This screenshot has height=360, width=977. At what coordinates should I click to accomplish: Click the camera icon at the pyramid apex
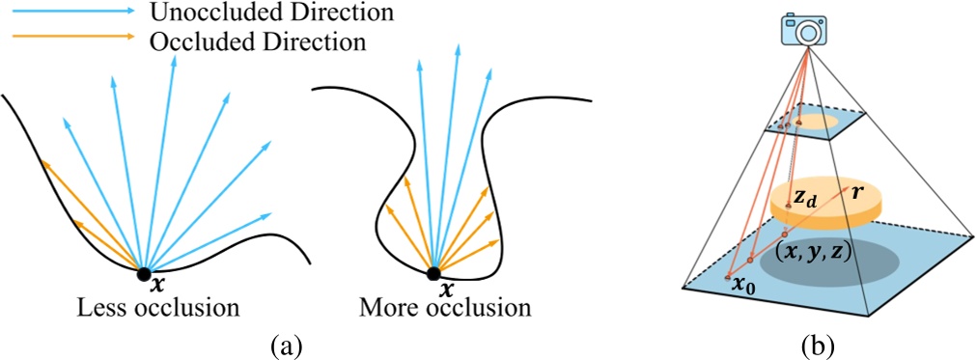pyautogui.click(x=803, y=29)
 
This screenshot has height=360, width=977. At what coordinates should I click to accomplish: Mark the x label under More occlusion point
pyautogui.click(x=445, y=290)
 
